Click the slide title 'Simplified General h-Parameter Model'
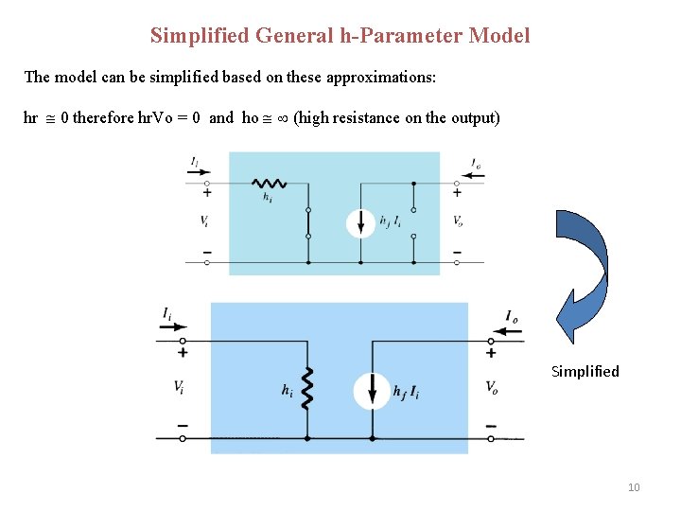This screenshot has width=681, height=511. [340, 36]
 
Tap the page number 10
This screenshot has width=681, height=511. [634, 487]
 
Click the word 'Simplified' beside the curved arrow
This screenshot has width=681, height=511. [585, 371]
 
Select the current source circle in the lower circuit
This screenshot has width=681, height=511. [372, 390]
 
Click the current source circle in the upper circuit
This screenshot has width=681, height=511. [360, 222]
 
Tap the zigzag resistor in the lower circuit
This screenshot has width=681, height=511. [306, 389]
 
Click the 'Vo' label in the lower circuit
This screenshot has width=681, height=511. [492, 387]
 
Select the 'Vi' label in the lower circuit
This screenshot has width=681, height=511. [179, 387]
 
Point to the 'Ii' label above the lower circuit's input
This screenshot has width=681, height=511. [167, 313]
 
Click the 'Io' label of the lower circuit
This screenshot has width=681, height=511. [511, 316]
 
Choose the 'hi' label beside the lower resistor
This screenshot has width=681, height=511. [287, 389]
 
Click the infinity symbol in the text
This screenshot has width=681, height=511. [281, 118]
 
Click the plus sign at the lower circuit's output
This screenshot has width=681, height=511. [491, 353]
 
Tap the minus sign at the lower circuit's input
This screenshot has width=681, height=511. [182, 426]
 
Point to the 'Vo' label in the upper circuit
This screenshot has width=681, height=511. [458, 221]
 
